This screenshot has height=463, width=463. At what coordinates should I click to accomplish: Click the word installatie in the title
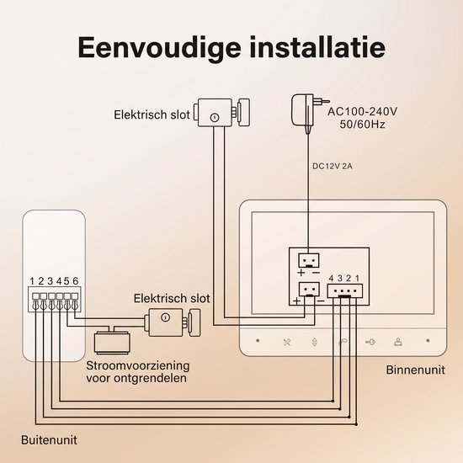[x=317, y=46]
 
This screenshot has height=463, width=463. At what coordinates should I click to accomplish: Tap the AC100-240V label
[x=362, y=112]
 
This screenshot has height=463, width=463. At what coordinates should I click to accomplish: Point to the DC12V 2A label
[x=333, y=166]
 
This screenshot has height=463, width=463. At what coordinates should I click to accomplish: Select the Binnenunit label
[x=415, y=370]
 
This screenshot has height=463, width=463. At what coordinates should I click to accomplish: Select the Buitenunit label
[x=49, y=440]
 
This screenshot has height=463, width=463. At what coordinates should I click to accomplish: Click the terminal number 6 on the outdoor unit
[x=76, y=281]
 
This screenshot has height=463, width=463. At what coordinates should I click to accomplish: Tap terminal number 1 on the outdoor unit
[x=32, y=281]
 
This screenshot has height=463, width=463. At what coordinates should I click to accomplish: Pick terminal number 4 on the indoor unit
[x=331, y=279]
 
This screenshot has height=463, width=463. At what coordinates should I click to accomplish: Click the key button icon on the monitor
[x=370, y=342]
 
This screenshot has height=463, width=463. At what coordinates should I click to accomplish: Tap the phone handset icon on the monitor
[x=343, y=342]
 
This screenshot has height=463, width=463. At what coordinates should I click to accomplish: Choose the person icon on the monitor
[x=398, y=342]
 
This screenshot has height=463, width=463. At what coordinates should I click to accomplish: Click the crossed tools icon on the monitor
[x=287, y=342]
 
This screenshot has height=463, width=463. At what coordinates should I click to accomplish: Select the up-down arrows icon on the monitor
[x=315, y=342]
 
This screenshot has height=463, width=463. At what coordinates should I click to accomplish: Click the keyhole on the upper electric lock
[x=214, y=117]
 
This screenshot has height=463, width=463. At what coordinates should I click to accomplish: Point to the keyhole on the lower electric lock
[x=165, y=317]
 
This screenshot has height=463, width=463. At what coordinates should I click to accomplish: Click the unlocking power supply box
[x=112, y=343]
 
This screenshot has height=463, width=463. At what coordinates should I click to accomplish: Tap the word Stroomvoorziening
[x=138, y=366]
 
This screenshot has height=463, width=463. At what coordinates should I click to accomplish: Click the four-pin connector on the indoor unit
[x=344, y=291]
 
